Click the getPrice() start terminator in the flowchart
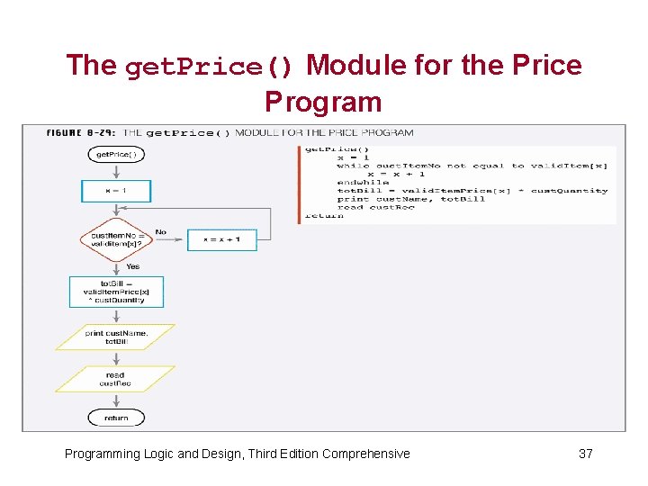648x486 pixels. (116, 155)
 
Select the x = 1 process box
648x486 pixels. (116, 191)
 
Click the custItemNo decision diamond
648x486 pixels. (116, 239)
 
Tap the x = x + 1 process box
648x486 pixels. (221, 239)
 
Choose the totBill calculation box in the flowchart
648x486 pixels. (116, 292)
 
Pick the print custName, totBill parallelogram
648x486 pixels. (116, 337)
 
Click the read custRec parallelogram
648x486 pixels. (116, 379)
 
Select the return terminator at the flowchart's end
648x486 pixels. (116, 418)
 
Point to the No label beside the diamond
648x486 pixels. (161, 232)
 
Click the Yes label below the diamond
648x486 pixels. (133, 266)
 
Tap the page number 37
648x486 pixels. (585, 454)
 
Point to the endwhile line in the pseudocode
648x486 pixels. (363, 183)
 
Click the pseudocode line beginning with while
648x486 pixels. (472, 166)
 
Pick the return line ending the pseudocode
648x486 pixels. (324, 216)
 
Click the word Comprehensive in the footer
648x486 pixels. (365, 454)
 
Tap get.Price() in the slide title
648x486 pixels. (209, 67)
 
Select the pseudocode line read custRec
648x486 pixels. (375, 208)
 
